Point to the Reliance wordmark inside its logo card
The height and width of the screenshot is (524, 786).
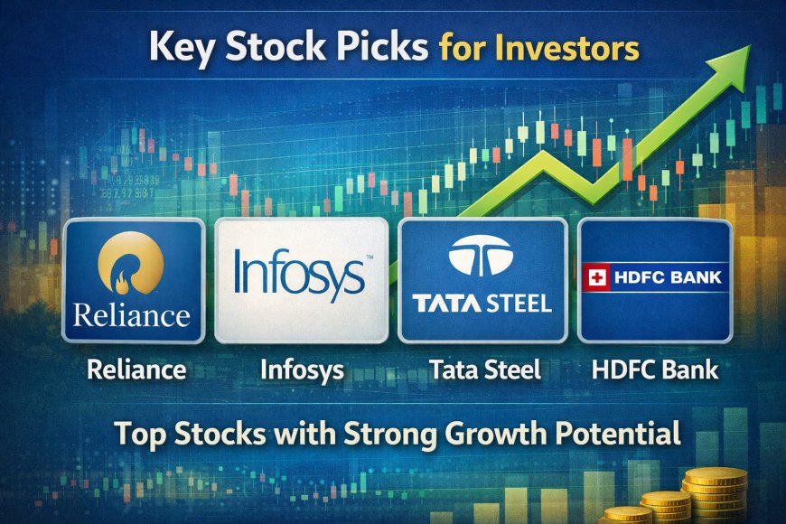pos(133,315)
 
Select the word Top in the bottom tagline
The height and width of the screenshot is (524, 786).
pos(135,435)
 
